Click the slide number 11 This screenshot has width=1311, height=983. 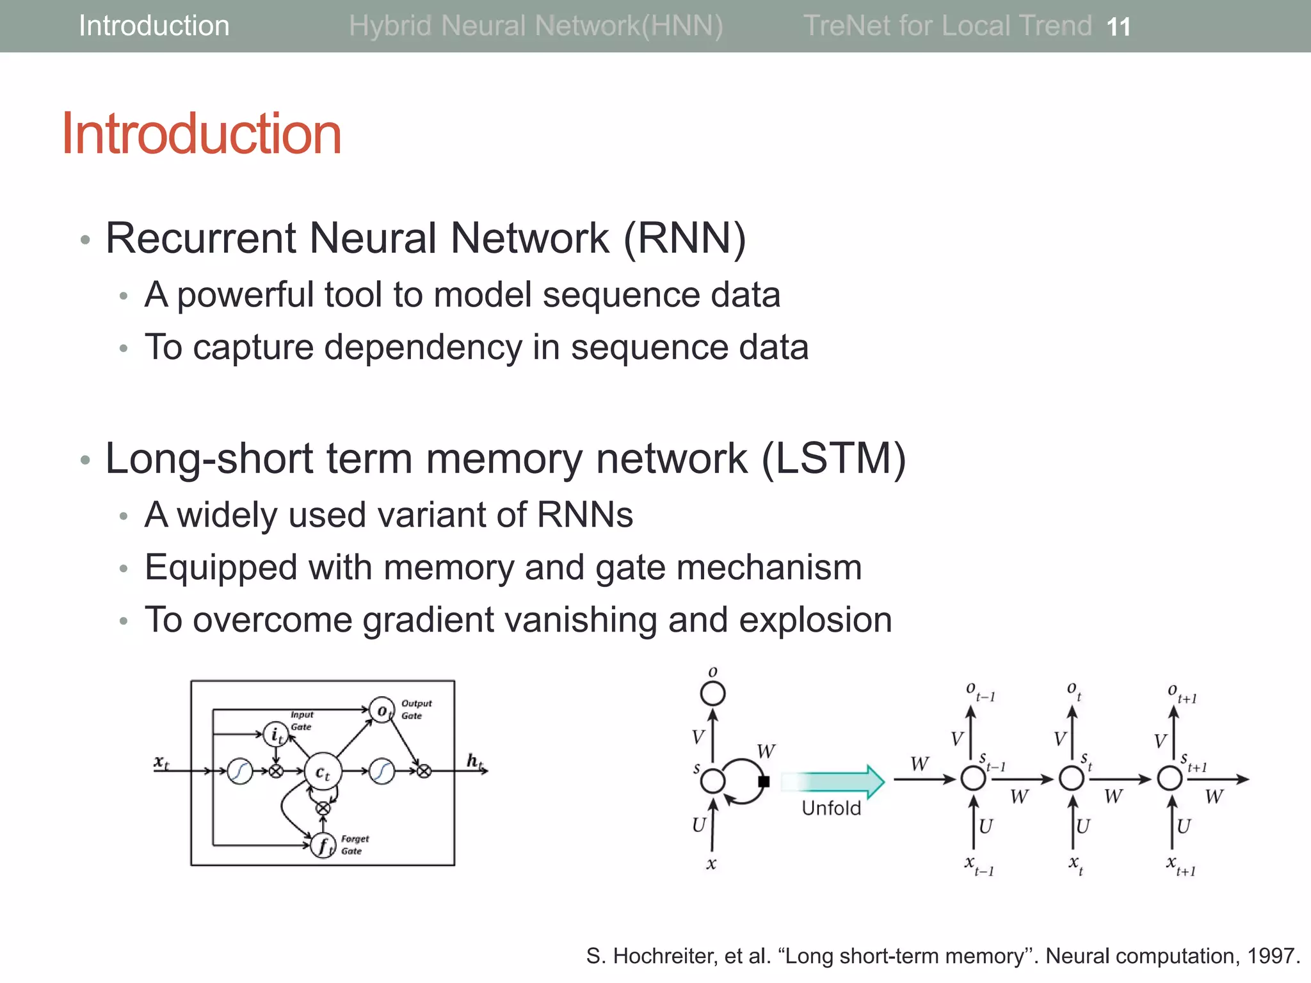pyautogui.click(x=1118, y=27)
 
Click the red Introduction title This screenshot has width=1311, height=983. pyautogui.click(x=202, y=134)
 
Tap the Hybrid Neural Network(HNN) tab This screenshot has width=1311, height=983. pyautogui.click(x=536, y=26)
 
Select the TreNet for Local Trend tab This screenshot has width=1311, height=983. pyautogui.click(x=947, y=26)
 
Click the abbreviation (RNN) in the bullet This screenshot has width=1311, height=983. pyautogui.click(x=684, y=238)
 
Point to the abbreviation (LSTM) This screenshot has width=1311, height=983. pyautogui.click(x=833, y=459)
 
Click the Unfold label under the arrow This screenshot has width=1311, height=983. pyautogui.click(x=831, y=808)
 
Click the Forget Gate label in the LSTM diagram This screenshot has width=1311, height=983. pyautogui.click(x=354, y=845)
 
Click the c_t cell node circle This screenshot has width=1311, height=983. pyautogui.click(x=323, y=772)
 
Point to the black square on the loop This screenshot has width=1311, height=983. pyautogui.click(x=764, y=781)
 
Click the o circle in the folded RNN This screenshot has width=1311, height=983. pyautogui.click(x=712, y=694)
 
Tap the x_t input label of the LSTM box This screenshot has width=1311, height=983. pyautogui.click(x=161, y=762)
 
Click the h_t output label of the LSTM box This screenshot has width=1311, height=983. pyautogui.click(x=474, y=760)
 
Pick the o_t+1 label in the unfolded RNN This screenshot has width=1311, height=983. pyautogui.click(x=1181, y=693)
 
